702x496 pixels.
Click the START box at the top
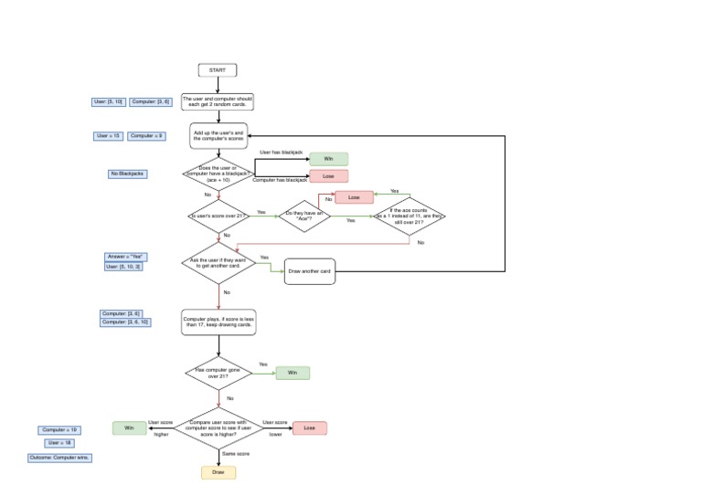point(218,70)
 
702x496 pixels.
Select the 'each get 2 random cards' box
point(218,101)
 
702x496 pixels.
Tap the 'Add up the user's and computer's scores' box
point(218,136)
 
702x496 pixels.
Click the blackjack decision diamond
point(218,174)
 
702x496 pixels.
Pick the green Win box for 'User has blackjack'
point(328,159)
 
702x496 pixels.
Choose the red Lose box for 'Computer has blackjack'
point(328,176)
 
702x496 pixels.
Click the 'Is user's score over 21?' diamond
point(218,216)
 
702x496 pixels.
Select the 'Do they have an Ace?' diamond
point(304,216)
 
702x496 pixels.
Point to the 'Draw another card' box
point(310,272)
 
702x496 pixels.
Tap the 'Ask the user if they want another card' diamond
point(218,263)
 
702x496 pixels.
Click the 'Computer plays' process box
point(218,322)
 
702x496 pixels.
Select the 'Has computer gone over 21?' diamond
point(218,373)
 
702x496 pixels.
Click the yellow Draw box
point(218,472)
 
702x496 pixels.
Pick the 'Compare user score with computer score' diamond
point(218,427)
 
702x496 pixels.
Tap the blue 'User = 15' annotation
point(109,136)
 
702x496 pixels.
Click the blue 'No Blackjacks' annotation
point(127,173)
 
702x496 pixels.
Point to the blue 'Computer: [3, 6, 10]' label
point(126,322)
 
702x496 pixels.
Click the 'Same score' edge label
point(236,453)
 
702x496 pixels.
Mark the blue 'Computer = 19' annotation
point(60,429)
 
